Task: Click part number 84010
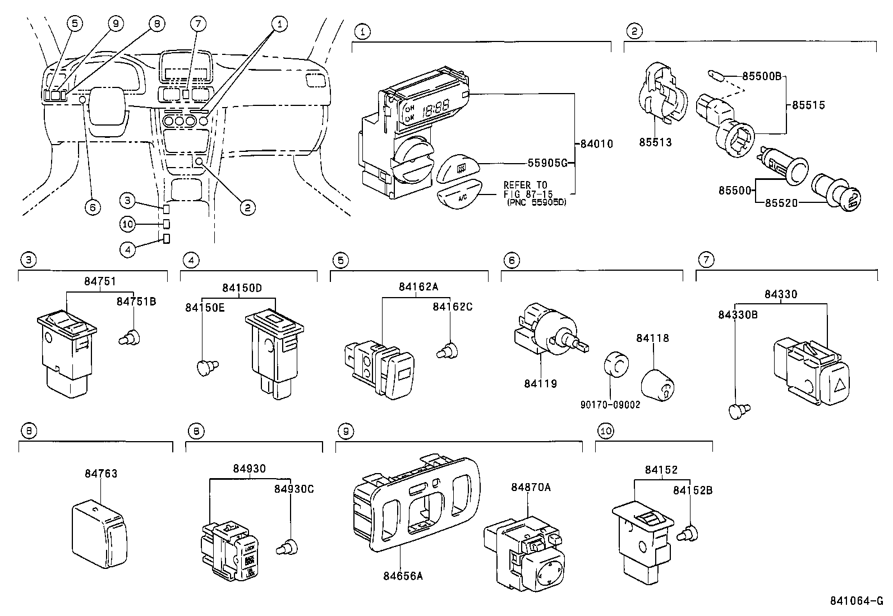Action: [x=596, y=144]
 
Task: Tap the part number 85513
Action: [x=655, y=142]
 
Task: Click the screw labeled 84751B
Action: [x=131, y=337]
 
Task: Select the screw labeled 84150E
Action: [x=208, y=367]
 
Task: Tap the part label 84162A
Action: [x=418, y=286]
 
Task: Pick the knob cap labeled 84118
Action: [x=657, y=385]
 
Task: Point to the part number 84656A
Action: [x=403, y=575]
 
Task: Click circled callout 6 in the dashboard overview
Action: [x=93, y=207]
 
